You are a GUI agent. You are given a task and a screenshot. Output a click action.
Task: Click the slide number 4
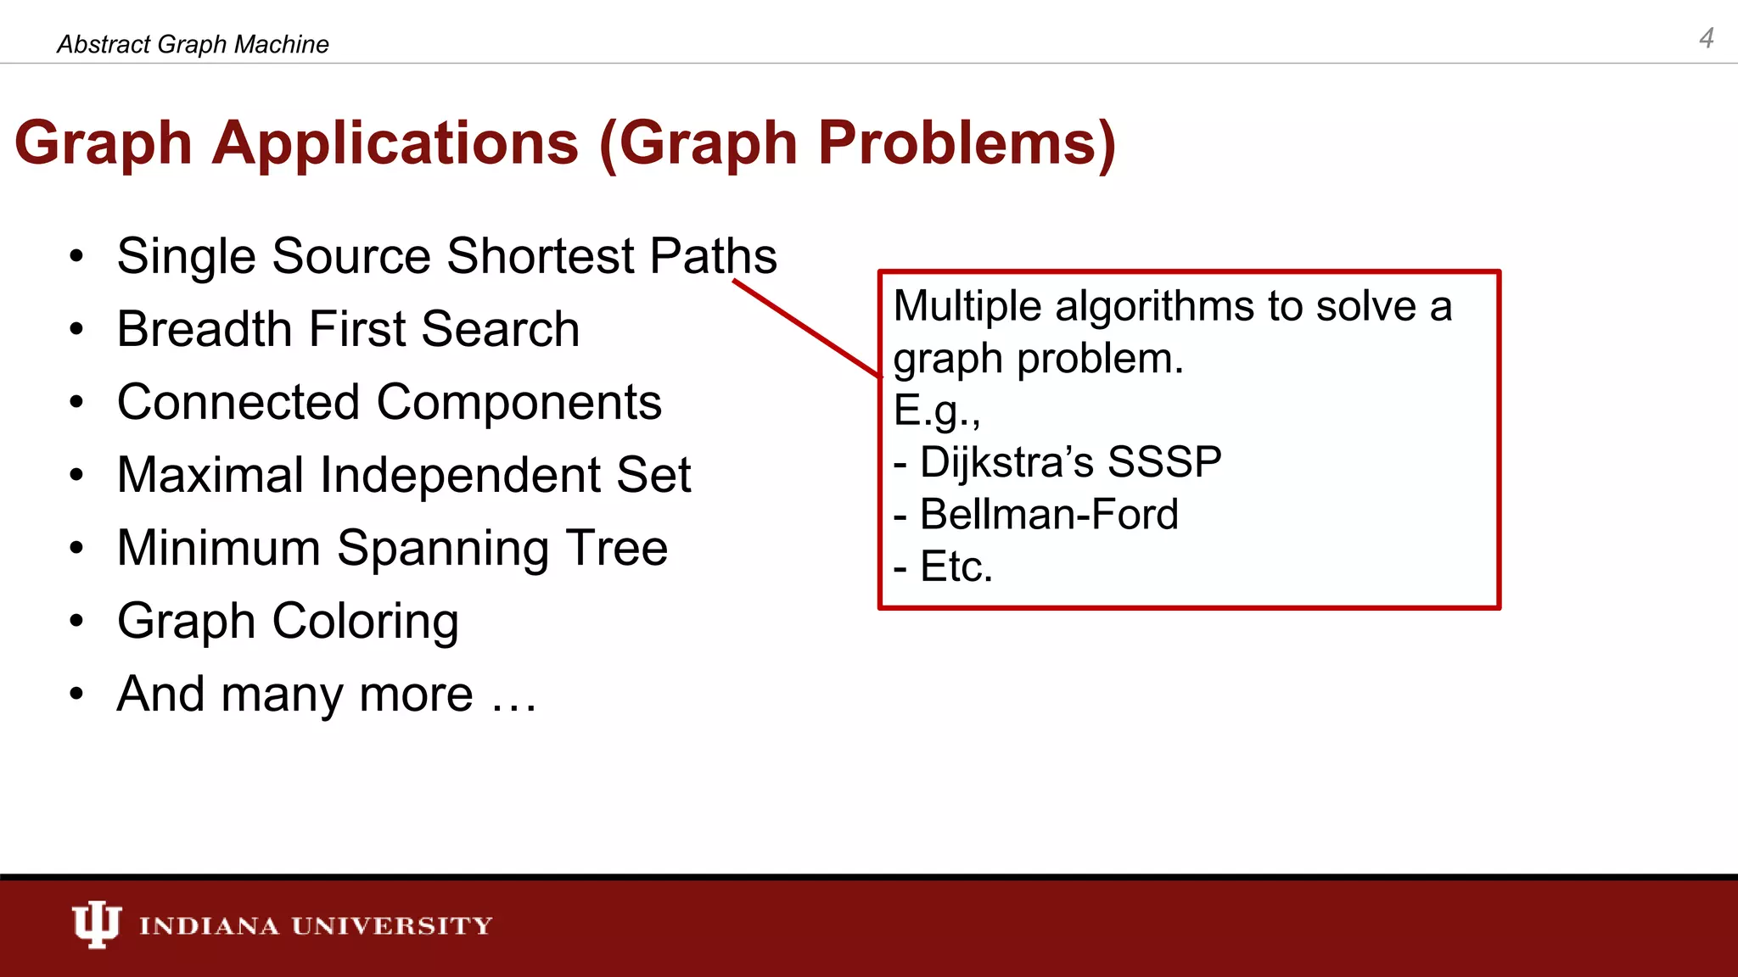pyautogui.click(x=1706, y=38)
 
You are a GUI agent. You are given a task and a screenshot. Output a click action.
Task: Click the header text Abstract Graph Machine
pyautogui.click(x=193, y=44)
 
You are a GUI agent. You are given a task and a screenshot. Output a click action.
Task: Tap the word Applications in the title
pyautogui.click(x=395, y=142)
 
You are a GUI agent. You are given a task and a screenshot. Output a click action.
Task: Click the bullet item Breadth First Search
pyautogui.click(x=348, y=329)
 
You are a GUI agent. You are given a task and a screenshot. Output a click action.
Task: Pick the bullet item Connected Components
pyautogui.click(x=389, y=402)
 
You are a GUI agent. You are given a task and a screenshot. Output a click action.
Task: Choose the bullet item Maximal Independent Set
pyautogui.click(x=404, y=475)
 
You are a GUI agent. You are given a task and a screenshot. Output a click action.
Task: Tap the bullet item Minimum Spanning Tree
pyautogui.click(x=392, y=548)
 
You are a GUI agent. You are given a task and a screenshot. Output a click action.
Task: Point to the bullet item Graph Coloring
pyautogui.click(x=288, y=622)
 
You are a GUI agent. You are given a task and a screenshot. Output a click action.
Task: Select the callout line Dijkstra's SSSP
pyautogui.click(x=1057, y=463)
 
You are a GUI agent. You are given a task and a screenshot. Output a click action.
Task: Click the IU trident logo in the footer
pyautogui.click(x=96, y=924)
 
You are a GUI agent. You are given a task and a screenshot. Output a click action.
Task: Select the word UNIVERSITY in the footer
pyautogui.click(x=392, y=925)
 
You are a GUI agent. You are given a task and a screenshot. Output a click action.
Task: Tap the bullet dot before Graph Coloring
pyautogui.click(x=77, y=622)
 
